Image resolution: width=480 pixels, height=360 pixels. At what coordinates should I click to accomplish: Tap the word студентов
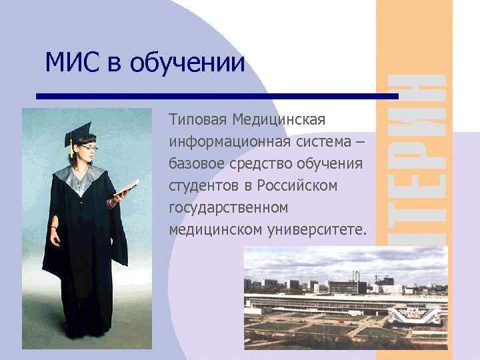coord(201,186)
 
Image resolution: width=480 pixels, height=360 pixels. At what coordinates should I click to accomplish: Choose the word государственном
coord(229,208)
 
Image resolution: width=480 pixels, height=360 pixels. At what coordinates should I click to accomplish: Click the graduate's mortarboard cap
coord(81,129)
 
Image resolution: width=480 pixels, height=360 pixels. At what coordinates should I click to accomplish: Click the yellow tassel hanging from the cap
coord(69,148)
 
